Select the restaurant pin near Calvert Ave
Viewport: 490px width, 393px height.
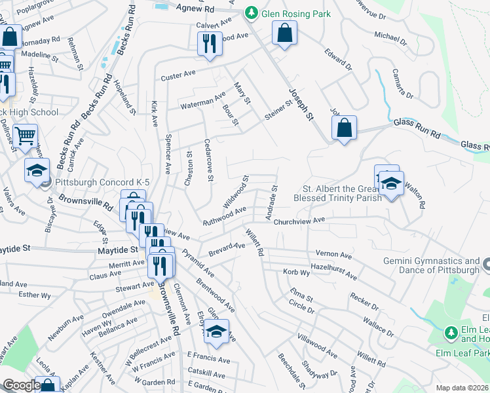[210, 44]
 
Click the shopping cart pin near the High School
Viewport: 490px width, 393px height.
[25, 136]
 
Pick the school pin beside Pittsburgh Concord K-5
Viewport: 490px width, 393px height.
[37, 170]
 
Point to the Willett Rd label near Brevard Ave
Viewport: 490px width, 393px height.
[254, 242]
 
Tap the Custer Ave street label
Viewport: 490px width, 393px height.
[179, 77]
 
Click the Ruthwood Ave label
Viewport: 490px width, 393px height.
[224, 215]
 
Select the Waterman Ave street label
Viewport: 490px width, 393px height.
[204, 102]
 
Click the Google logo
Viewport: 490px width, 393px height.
[22, 385]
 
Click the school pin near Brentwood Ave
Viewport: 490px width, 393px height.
[216, 331]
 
